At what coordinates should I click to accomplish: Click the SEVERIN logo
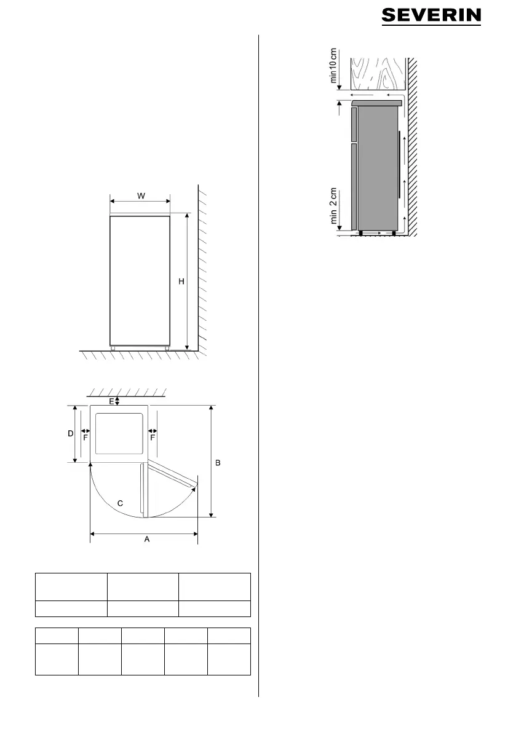tap(431, 16)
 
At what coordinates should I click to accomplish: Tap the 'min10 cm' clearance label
tap(333, 65)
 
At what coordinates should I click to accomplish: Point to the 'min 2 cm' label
tap(333, 206)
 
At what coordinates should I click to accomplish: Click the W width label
tap(141, 196)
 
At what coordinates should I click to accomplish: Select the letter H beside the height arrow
tap(181, 281)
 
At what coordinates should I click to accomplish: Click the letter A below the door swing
tap(146, 539)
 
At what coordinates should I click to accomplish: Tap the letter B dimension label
tap(218, 463)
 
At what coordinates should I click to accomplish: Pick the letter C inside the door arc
tap(120, 503)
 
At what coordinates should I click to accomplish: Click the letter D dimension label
tap(71, 434)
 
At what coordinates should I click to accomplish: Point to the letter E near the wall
tap(111, 401)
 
